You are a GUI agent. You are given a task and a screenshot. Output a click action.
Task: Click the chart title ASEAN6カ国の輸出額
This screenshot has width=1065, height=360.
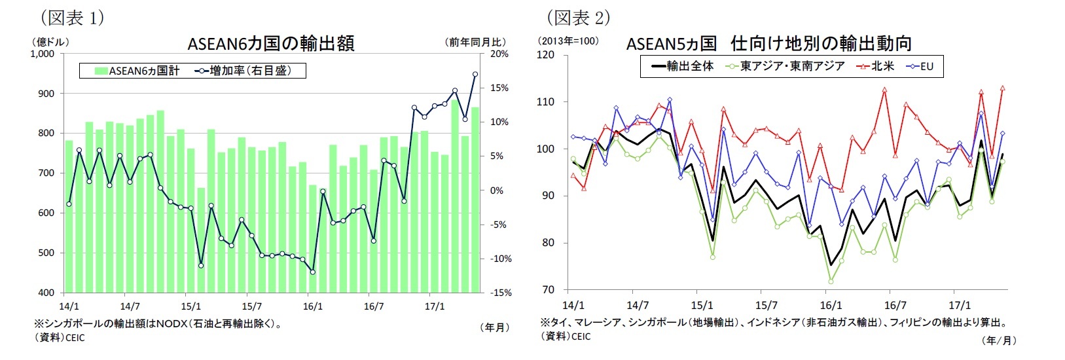click(270, 43)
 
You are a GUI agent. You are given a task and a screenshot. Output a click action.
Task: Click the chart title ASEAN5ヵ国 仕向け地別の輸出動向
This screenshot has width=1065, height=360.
click(768, 43)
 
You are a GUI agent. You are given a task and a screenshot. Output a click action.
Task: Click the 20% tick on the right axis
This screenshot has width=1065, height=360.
click(499, 54)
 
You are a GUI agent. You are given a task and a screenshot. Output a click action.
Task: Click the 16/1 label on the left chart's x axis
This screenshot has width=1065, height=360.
click(313, 306)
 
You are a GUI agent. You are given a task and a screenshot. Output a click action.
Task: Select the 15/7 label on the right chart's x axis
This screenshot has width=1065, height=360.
click(766, 306)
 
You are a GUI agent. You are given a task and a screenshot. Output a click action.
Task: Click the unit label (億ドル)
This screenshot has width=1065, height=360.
click(49, 41)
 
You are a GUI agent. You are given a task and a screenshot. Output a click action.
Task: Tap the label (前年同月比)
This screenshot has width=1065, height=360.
click(476, 42)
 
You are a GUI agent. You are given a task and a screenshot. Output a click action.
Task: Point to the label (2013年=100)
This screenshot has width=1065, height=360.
click(568, 41)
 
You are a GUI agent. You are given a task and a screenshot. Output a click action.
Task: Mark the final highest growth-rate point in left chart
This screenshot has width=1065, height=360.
click(475, 74)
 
